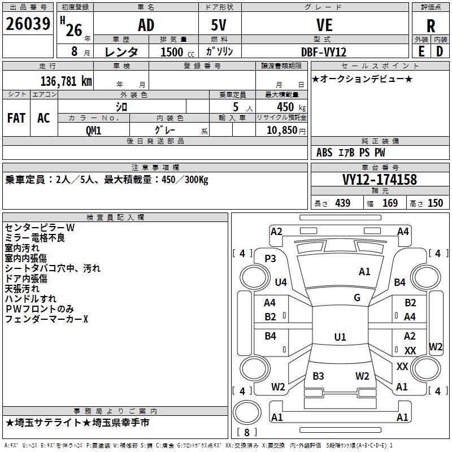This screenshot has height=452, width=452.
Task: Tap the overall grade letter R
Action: point(431,26)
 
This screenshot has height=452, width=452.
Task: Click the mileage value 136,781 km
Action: point(66,81)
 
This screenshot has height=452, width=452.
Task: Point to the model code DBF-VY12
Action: point(324,51)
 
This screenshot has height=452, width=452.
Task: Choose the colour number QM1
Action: point(94,129)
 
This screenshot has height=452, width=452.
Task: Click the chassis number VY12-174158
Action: point(379,180)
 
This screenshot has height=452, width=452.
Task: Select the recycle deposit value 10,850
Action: point(281,129)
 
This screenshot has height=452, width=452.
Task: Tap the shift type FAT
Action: point(16,118)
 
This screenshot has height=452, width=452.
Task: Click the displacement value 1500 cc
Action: point(172,52)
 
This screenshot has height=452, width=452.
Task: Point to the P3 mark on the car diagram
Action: point(270,258)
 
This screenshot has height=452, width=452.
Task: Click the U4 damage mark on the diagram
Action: point(281,282)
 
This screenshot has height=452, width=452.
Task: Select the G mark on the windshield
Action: point(357,297)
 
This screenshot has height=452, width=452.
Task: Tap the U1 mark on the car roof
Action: point(340,337)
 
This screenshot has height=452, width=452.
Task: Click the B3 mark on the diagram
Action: point(318,376)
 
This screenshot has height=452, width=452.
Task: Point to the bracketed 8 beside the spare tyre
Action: point(246,432)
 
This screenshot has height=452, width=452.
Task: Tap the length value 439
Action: point(342,203)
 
